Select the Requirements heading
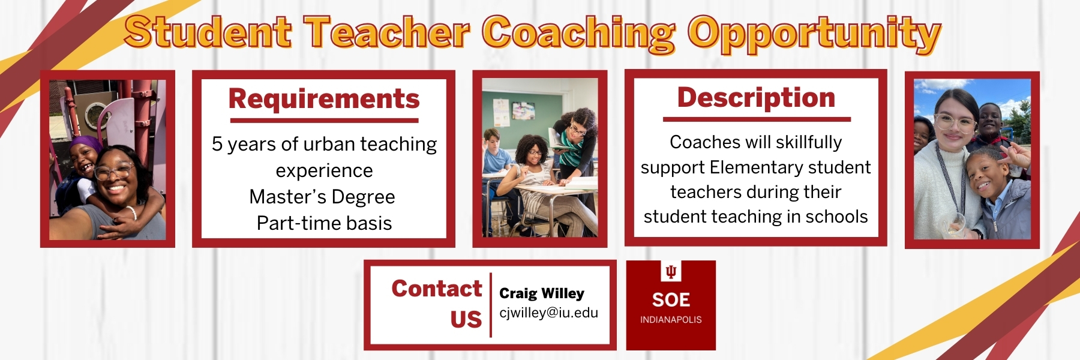click(324, 99)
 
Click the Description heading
click(756, 98)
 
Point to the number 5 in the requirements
click(217, 144)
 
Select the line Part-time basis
click(324, 223)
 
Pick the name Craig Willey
click(542, 293)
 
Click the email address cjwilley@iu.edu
click(548, 313)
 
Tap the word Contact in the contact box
click(437, 289)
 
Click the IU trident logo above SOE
click(671, 272)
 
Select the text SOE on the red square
click(671, 300)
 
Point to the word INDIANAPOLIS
click(671, 320)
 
